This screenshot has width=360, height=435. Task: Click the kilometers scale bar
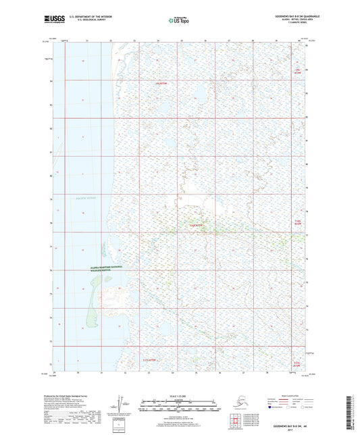[x=178, y=400]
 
